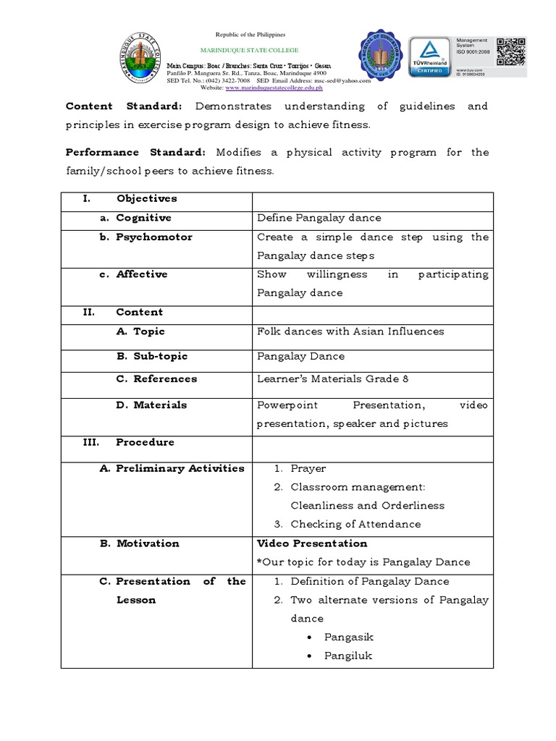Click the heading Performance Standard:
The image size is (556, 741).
135,153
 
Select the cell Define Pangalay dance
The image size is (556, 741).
319,218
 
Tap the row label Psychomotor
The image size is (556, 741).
154,237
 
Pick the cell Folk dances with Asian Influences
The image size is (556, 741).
350,331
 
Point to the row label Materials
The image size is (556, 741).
160,405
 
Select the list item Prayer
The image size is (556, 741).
308,469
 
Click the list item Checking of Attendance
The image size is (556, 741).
355,525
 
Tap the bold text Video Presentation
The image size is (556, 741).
312,543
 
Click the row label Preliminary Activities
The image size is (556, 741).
180,468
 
